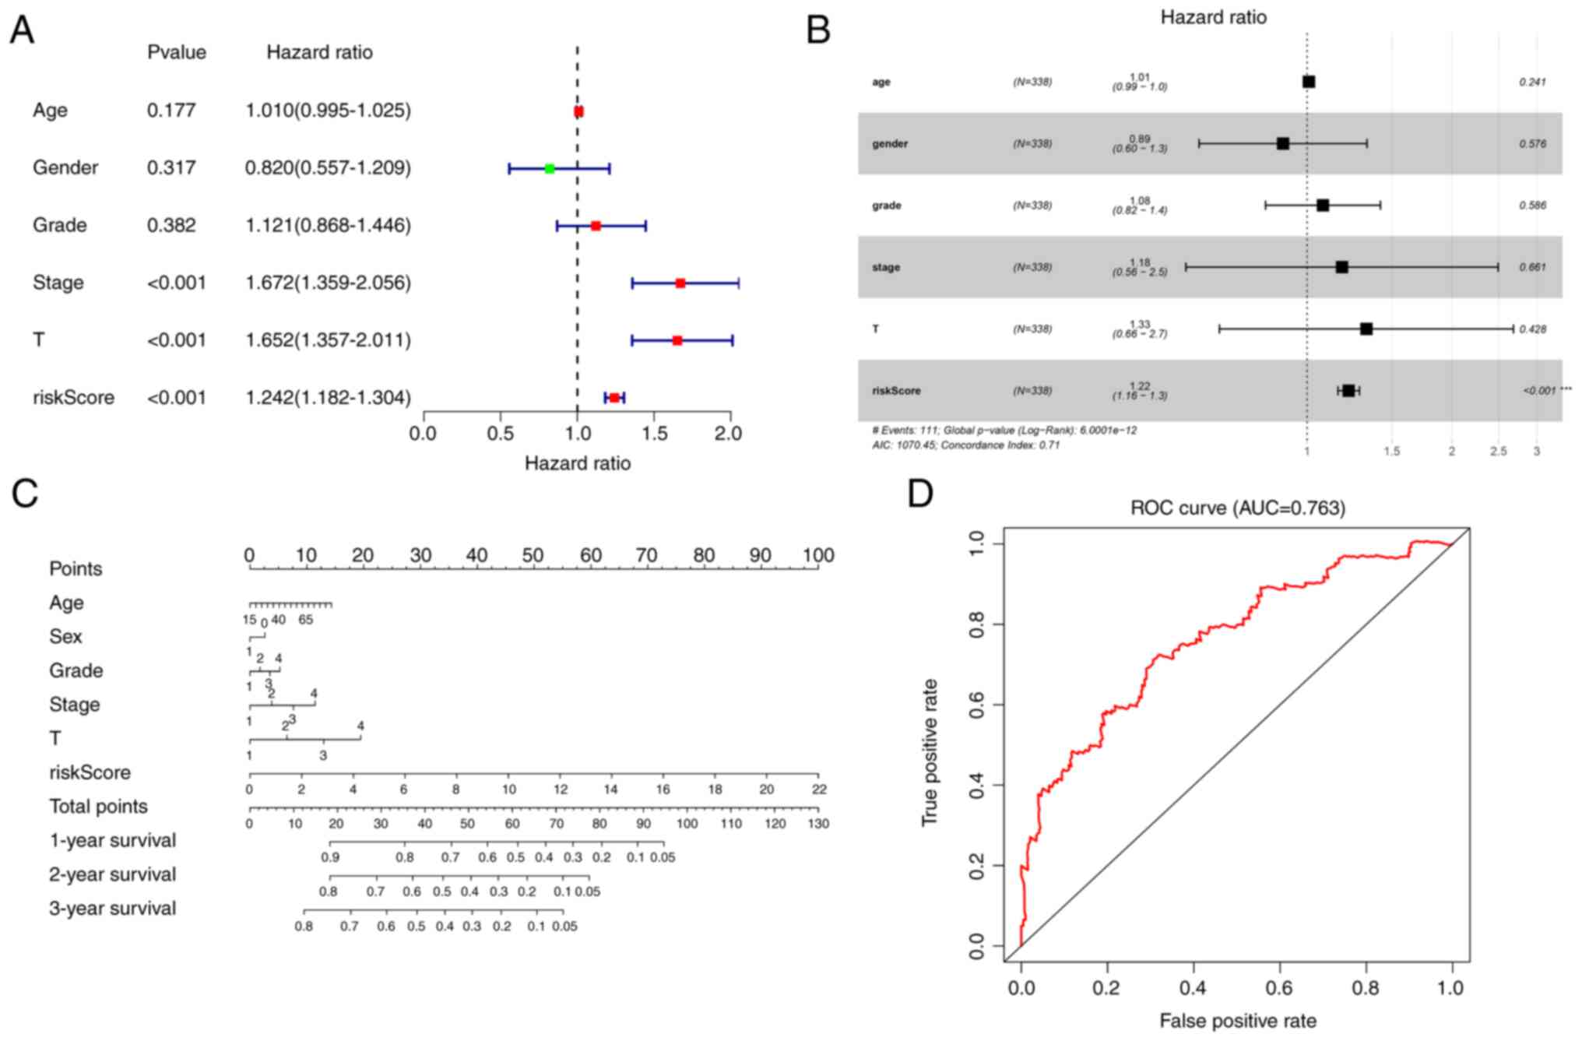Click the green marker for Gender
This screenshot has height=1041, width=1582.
pyautogui.click(x=550, y=168)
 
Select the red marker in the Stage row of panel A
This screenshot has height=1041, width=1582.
pyautogui.click(x=680, y=283)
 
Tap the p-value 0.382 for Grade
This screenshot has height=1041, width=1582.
pyautogui.click(x=171, y=225)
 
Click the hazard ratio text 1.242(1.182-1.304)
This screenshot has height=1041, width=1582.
pyautogui.click(x=328, y=398)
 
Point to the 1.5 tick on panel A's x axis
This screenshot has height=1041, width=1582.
pyautogui.click(x=655, y=432)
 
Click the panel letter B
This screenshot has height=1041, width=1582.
pyautogui.click(x=818, y=31)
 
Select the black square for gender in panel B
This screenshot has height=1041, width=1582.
pyautogui.click(x=1283, y=143)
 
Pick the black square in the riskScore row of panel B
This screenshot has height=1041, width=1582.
pyautogui.click(x=1348, y=390)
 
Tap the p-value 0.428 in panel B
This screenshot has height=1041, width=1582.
pyautogui.click(x=1532, y=329)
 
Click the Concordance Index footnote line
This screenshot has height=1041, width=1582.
pyautogui.click(x=965, y=445)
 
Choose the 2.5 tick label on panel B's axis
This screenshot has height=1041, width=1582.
pyautogui.click(x=1498, y=452)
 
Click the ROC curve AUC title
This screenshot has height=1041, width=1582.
pyautogui.click(x=1237, y=508)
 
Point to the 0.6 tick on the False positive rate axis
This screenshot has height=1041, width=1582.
pyautogui.click(x=1279, y=988)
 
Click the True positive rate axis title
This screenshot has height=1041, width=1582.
pyautogui.click(x=930, y=752)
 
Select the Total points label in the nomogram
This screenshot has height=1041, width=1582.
pyautogui.click(x=98, y=807)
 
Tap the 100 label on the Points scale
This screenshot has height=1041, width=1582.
pyautogui.click(x=817, y=556)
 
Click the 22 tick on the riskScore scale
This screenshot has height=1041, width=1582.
pyautogui.click(x=817, y=790)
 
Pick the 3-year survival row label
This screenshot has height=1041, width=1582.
pyautogui.click(x=112, y=909)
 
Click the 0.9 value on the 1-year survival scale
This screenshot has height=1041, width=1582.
pyautogui.click(x=330, y=857)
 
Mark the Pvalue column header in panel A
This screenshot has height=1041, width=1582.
pyautogui.click(x=177, y=52)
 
